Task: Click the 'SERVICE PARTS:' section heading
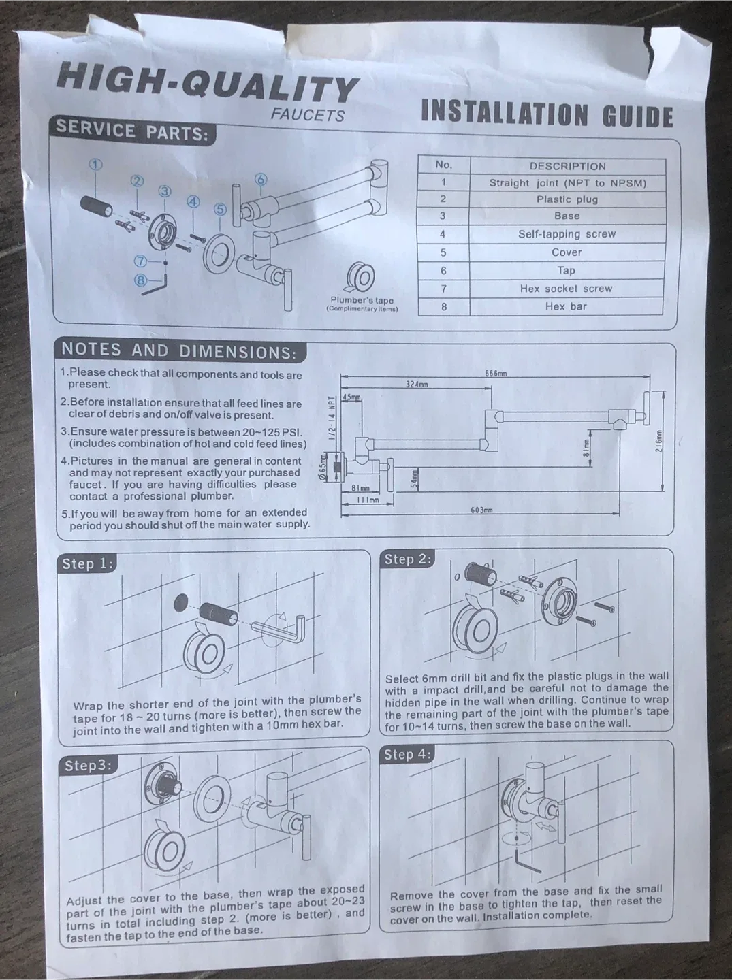[132, 131]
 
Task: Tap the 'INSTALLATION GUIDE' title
[547, 114]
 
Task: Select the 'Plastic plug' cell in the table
[567, 199]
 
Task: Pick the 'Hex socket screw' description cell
[566, 289]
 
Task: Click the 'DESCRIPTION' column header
[567, 166]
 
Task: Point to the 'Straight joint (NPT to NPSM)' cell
[567, 183]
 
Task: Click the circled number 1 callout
[95, 164]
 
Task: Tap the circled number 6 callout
[261, 180]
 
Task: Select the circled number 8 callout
[141, 279]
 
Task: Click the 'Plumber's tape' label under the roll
[362, 300]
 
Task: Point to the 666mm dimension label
[496, 373]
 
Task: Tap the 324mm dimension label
[416, 385]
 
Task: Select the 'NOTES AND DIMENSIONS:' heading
[179, 351]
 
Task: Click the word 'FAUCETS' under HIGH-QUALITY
[307, 115]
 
